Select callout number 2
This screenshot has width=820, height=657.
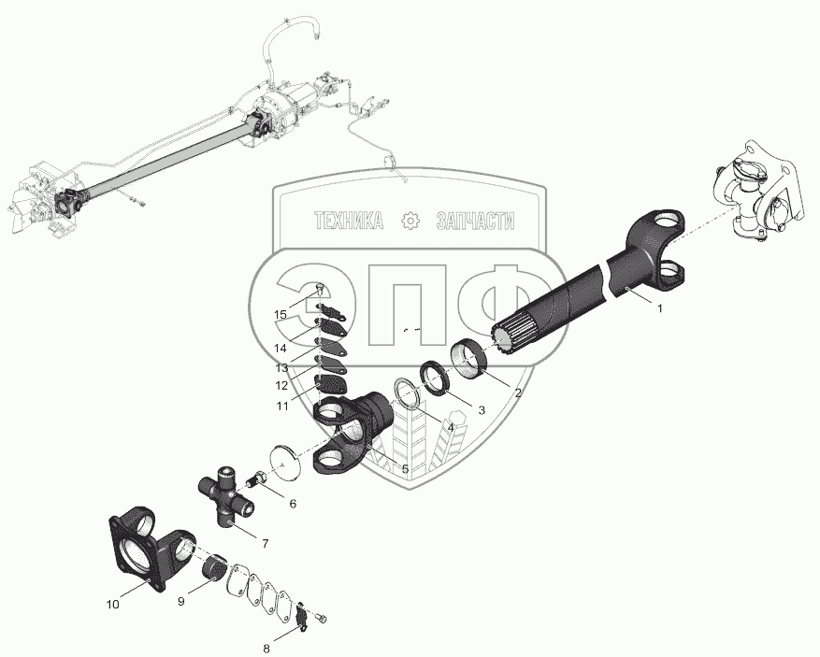(x=516, y=393)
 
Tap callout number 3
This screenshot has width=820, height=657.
(x=482, y=409)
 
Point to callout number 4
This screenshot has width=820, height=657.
(x=450, y=427)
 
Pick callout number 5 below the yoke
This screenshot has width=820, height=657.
(x=404, y=468)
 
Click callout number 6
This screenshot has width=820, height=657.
(x=293, y=504)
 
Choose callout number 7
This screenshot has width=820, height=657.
(x=266, y=542)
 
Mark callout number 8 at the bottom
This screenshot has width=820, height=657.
(x=266, y=648)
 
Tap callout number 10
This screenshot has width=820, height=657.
(x=112, y=605)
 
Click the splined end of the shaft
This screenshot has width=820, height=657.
(x=510, y=334)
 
